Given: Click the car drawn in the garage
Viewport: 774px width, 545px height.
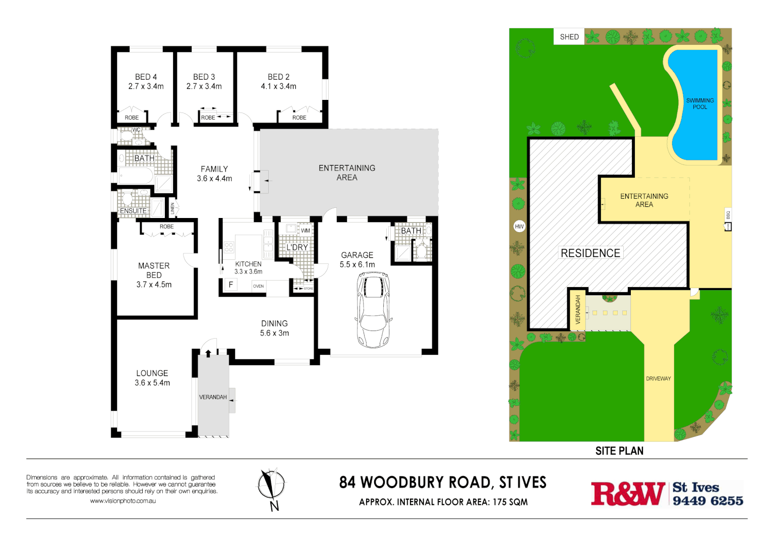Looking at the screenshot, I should tap(373, 310).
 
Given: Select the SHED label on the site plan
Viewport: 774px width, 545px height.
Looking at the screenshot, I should tap(569, 37).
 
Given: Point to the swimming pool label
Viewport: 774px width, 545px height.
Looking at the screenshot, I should tap(700, 103).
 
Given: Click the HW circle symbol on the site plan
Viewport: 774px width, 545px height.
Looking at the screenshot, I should tap(519, 227).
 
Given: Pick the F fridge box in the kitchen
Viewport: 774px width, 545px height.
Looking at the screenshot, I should tap(230, 285).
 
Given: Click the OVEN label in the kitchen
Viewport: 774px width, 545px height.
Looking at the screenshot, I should tap(258, 286).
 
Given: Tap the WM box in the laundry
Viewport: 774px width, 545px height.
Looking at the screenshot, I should tap(306, 231).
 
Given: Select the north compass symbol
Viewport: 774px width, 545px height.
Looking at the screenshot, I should tap(272, 487).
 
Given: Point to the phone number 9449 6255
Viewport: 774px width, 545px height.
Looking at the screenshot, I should tap(707, 501).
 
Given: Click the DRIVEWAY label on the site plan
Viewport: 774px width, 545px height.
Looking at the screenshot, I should tap(658, 378).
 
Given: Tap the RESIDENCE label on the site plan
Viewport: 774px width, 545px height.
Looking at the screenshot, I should tap(590, 253).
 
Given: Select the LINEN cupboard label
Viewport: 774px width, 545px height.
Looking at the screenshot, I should tap(172, 207).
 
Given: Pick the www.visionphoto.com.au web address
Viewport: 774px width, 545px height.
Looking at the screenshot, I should tap(123, 501).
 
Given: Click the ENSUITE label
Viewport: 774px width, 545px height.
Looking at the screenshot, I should tap(133, 211).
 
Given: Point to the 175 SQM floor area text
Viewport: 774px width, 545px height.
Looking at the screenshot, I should tap(510, 502).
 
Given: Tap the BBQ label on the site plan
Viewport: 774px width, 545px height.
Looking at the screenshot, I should tap(728, 214).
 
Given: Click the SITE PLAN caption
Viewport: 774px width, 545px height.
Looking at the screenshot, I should tap(619, 451).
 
